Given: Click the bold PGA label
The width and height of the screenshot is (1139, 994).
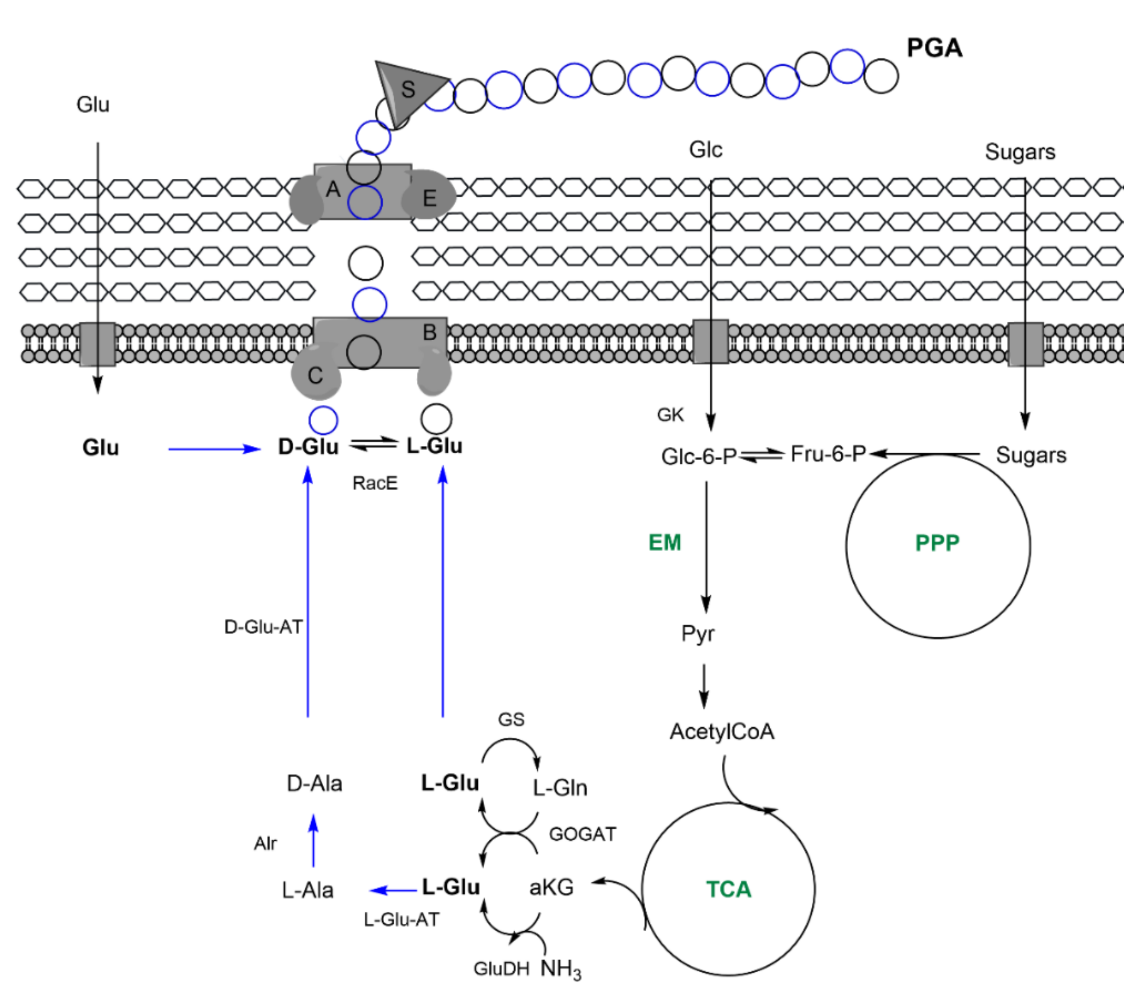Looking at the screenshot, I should click(934, 48).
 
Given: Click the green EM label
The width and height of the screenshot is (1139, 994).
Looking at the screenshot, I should click(664, 542).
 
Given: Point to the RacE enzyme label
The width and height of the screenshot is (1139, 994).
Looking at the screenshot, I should click(375, 483).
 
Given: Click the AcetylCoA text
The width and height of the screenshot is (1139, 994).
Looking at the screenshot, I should click(721, 731).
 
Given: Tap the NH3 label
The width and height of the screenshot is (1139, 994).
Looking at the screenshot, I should click(560, 968).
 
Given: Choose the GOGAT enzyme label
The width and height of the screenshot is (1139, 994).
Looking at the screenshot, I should click(582, 834).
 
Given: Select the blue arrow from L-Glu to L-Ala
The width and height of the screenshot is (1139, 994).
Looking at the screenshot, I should click(393, 890).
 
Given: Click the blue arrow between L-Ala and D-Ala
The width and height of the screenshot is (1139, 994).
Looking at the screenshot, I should click(313, 841).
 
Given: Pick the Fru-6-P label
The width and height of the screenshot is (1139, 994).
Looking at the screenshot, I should click(827, 454).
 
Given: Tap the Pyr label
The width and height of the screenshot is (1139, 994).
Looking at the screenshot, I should click(698, 633).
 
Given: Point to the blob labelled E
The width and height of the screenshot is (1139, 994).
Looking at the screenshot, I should click(430, 197).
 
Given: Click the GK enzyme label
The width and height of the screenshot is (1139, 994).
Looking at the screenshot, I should click(670, 414).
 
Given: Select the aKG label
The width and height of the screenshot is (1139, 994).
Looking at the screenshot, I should click(551, 887).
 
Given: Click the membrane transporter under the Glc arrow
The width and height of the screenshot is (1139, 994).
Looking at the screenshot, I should click(710, 342).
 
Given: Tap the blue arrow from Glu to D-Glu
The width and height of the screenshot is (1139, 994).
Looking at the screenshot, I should click(213, 449).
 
